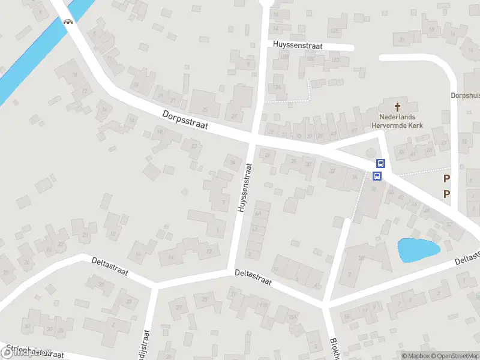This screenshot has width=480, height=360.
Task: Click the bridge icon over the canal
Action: [68, 22]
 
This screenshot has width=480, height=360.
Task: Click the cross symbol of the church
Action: [397, 104]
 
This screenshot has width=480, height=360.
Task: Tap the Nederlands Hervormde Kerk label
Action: [397, 121]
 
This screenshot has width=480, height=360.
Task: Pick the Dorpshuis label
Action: [465, 95]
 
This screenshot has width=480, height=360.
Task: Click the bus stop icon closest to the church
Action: [380, 163]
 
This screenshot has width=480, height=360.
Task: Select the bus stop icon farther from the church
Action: [377, 176]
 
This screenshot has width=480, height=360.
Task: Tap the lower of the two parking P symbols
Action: [446, 193]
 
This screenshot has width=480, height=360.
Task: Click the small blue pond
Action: [418, 250]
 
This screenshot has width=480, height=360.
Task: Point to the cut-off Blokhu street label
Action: [334, 348]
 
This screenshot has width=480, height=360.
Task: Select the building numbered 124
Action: [277, 87]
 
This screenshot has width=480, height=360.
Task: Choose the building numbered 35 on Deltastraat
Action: [129, 301]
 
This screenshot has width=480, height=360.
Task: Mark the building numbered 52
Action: [449, 224]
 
